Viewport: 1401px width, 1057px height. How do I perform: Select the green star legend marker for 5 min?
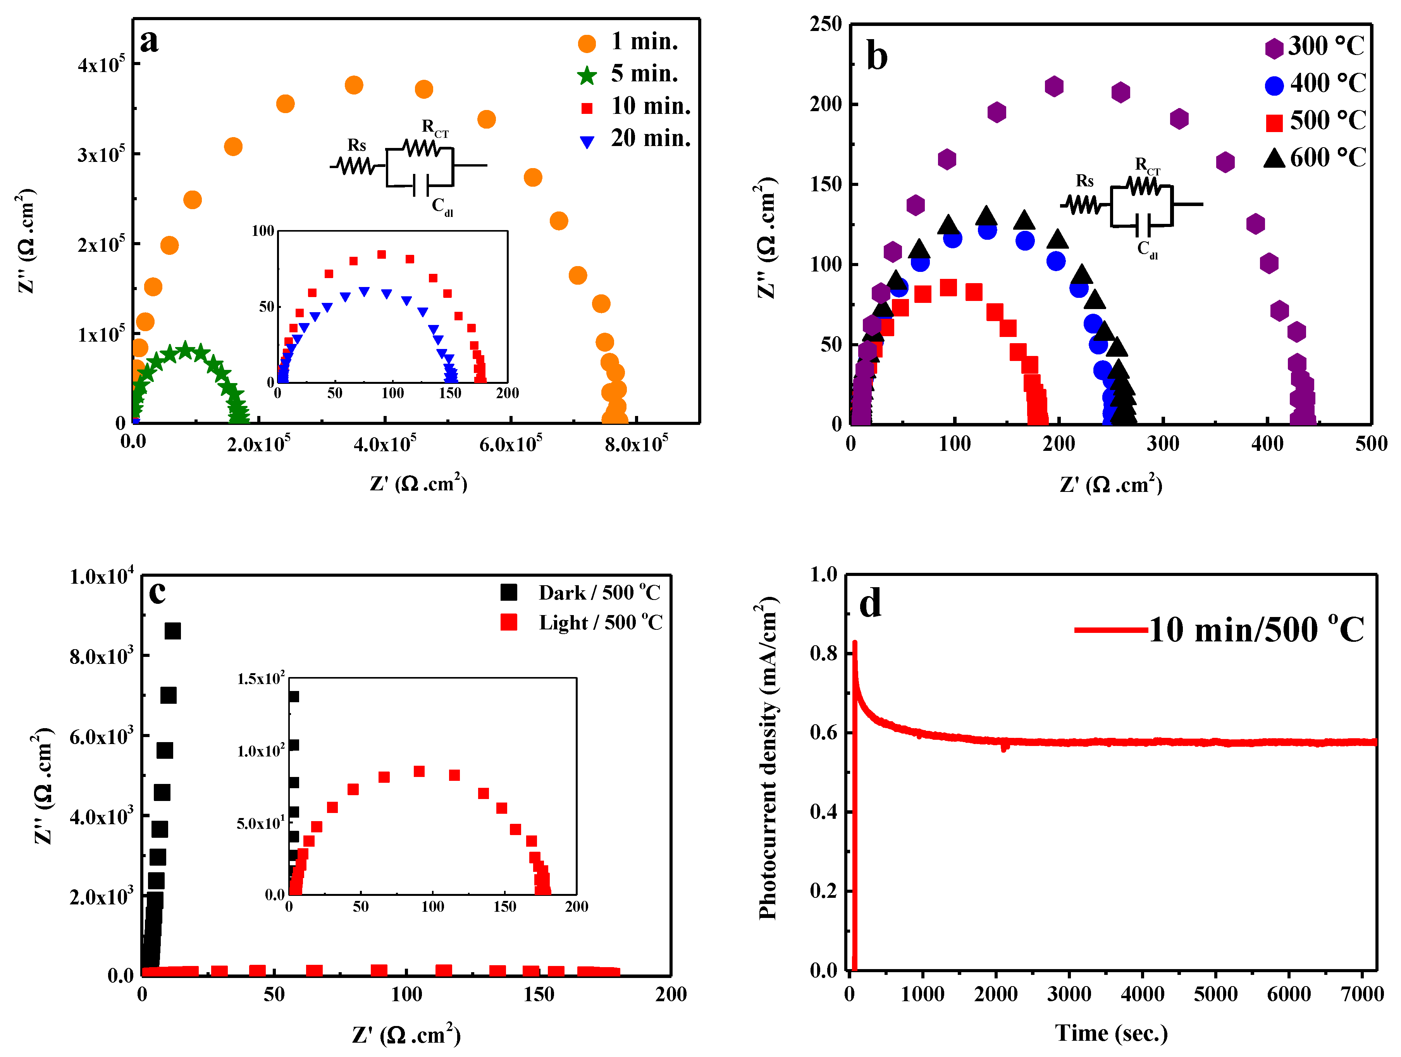[x=587, y=76]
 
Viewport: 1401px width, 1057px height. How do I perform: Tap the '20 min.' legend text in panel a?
[x=651, y=138]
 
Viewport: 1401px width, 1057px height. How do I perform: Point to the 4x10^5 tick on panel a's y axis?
[x=102, y=65]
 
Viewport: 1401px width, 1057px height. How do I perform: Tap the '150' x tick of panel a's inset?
[x=450, y=393]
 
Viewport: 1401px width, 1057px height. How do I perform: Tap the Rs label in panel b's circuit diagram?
[x=1085, y=181]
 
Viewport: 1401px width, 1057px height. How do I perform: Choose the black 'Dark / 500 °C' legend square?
[x=509, y=592]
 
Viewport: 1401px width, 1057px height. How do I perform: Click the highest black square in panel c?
[x=173, y=631]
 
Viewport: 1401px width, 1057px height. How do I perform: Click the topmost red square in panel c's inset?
[x=419, y=772]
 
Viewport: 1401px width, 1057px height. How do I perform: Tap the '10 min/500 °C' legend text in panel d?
[x=1256, y=630]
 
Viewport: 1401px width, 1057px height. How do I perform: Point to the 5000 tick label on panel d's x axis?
[x=1215, y=994]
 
